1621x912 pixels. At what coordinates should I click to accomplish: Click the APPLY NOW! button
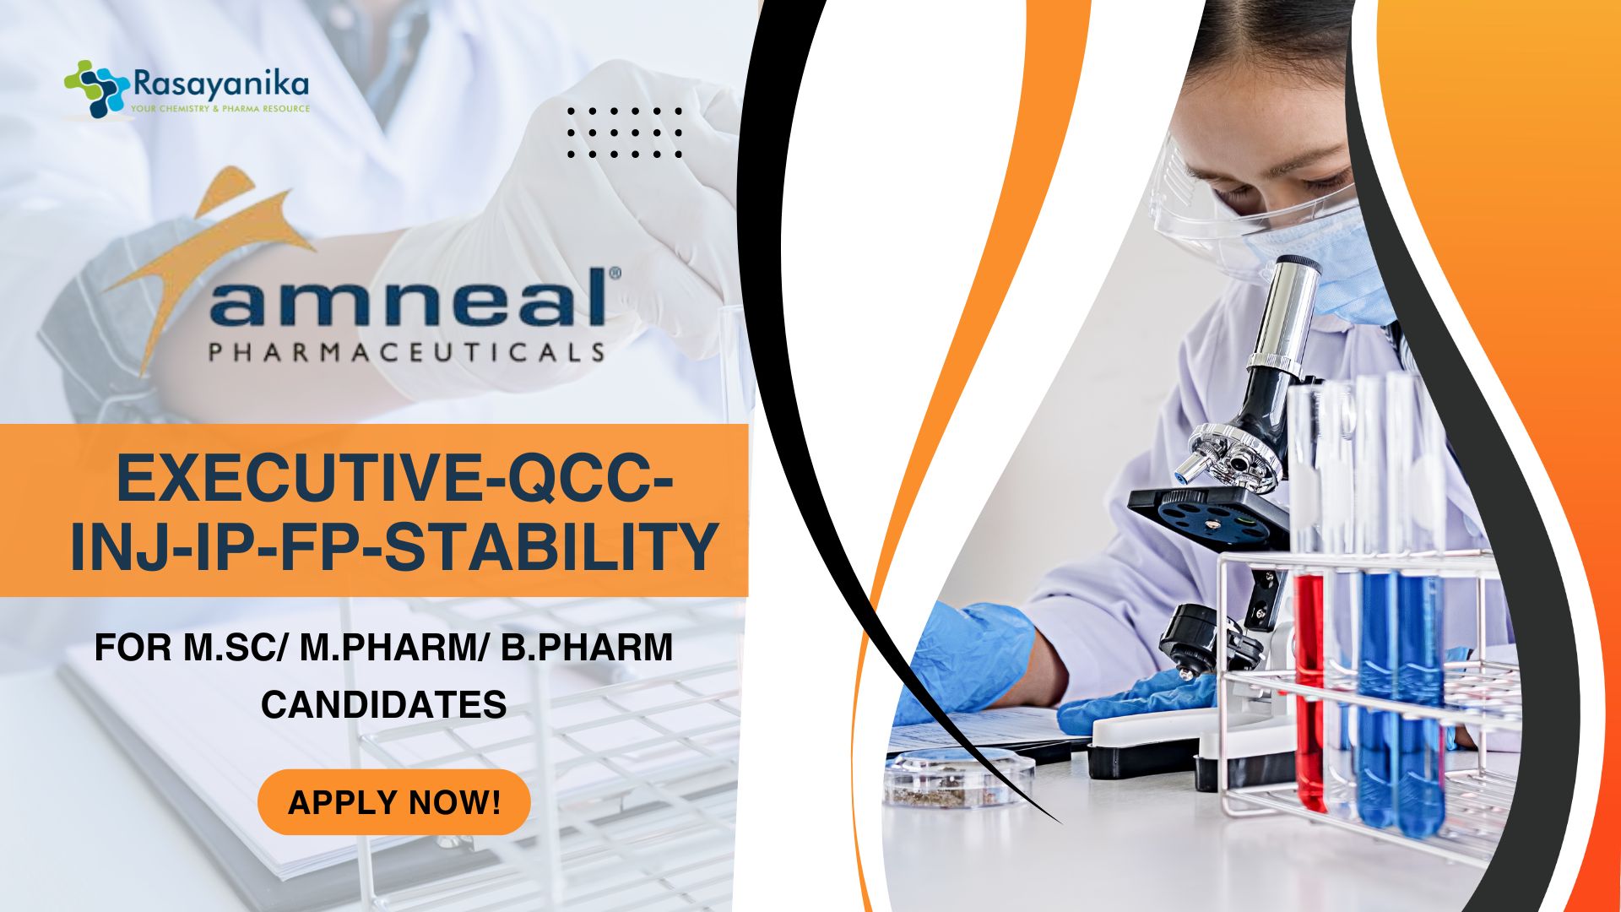394,801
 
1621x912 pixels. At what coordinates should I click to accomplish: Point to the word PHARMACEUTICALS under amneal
407,351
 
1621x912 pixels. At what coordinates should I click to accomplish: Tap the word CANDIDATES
383,704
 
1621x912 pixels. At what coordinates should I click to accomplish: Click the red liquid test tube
1309,688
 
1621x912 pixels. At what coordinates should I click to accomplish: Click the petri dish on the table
958,776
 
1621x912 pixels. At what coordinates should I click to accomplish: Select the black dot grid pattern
625,133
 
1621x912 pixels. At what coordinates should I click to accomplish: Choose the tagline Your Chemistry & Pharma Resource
220,109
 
